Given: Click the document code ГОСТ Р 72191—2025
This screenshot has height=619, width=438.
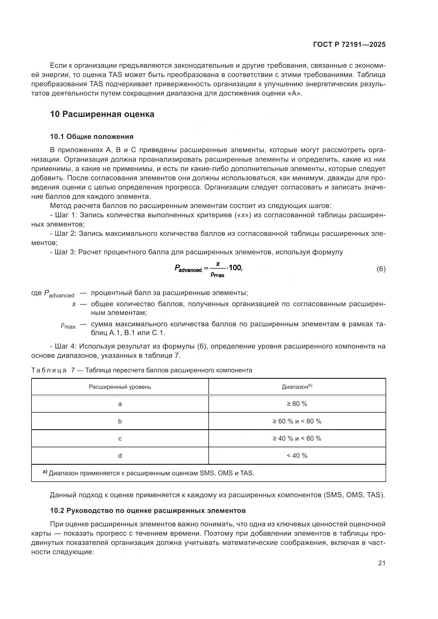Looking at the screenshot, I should pos(349,45).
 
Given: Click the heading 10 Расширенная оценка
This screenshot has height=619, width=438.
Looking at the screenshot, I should pos(102,114).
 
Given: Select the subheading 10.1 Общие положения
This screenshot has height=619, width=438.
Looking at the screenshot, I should pos(92,137).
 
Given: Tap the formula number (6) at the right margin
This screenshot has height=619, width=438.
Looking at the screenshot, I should pos(381,269).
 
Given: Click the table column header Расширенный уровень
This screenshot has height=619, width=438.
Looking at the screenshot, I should pos(120,387).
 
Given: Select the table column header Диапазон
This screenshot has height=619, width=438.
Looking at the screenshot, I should pos(296,387).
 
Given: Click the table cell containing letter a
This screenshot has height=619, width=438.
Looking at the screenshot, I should pos(120,404).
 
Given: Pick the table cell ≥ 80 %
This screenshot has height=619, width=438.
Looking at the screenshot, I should pos(297,404).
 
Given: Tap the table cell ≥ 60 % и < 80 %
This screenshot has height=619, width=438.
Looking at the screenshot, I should pos(297,421).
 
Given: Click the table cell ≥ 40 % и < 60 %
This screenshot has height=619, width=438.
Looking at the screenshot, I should pos(297,438).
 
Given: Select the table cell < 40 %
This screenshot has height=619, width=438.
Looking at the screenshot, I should pos(297,456).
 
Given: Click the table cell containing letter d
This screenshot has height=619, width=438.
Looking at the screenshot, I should pos(120,456).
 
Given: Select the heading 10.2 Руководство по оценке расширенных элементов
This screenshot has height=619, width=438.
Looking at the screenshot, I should pos(148,510).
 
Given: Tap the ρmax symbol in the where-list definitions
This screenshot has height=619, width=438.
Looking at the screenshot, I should pos(68,326).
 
